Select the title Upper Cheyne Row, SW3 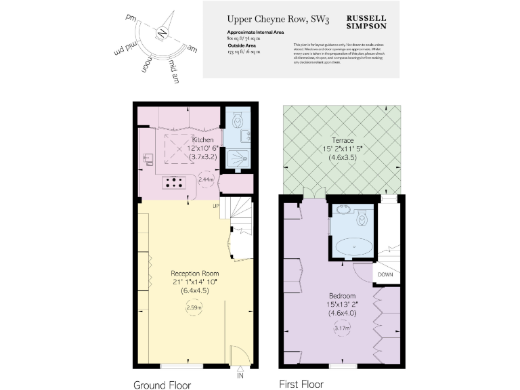pyautogui.click(x=268, y=20)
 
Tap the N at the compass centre pyautogui.click(x=162, y=33)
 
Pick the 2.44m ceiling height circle pyautogui.click(x=206, y=180)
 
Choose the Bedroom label pyautogui.click(x=342, y=296)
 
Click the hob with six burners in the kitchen pyautogui.click(x=175, y=181)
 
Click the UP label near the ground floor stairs pyautogui.click(x=216, y=205)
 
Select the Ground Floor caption pyautogui.click(x=161, y=385)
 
